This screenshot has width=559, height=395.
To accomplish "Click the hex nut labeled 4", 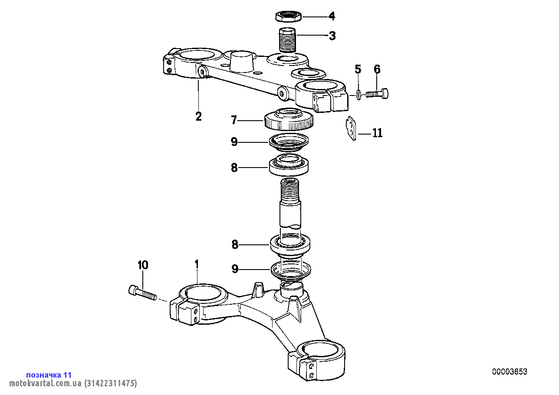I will pos(288,16).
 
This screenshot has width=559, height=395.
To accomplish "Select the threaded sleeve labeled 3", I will pos(286,40).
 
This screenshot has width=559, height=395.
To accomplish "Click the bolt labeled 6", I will pos(377,93).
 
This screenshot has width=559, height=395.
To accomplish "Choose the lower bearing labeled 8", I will pos(290,244).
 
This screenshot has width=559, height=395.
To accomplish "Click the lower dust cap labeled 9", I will pos(290,270).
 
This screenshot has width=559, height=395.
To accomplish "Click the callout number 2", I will pos(198,116).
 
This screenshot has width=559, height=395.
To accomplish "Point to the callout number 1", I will pos(197,264).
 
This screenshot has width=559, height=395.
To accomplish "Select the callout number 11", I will pos(377,133).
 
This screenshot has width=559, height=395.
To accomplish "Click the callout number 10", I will pos(142,265).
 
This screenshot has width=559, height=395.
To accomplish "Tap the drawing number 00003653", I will pos(510,372).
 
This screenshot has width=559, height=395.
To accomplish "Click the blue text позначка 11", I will pos(49,375).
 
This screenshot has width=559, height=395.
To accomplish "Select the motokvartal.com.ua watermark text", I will pos(73,383).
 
